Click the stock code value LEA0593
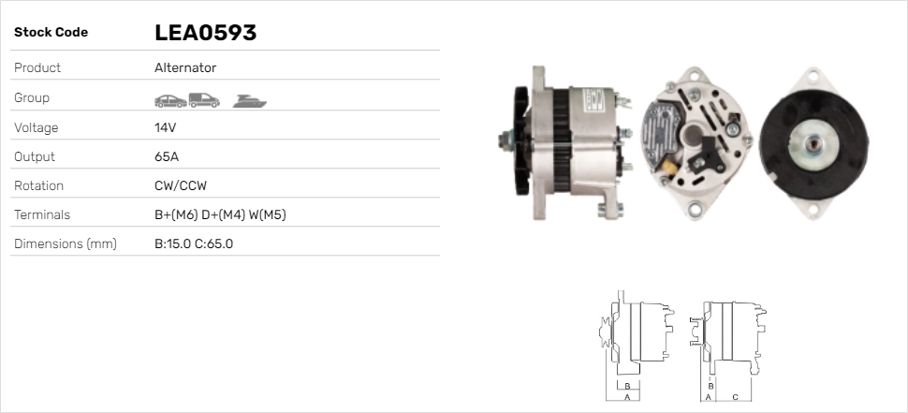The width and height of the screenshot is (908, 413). click(205, 33)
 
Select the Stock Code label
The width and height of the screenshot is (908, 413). click(51, 33)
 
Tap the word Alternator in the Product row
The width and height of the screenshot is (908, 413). click(185, 67)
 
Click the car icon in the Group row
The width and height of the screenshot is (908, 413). click(170, 101)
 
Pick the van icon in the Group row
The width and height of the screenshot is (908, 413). click(204, 100)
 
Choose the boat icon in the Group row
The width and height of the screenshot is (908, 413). click(250, 101)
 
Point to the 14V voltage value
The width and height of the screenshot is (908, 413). click(165, 127)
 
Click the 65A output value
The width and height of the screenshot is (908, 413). click(167, 156)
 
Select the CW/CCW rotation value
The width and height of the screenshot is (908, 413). click(181, 185)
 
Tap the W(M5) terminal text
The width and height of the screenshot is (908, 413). click(267, 214)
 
